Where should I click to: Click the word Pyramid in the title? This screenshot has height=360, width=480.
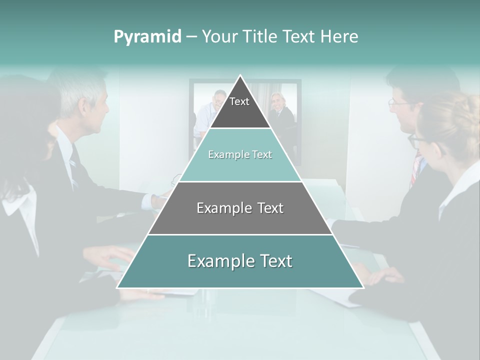pos(147,37)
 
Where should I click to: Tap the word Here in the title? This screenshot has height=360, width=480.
pos(339,36)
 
